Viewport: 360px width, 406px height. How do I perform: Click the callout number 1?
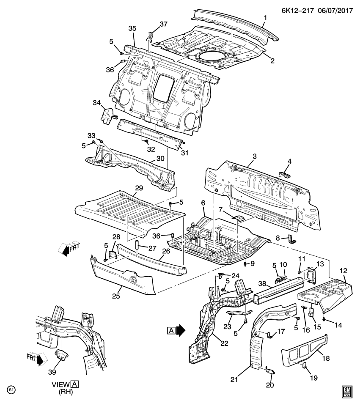pos(265,18)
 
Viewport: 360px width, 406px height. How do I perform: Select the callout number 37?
pos(163,24)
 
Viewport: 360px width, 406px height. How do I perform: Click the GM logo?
pos(348,392)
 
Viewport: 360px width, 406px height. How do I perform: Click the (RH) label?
pos(66,392)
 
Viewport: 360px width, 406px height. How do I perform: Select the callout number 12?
pos(344,271)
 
